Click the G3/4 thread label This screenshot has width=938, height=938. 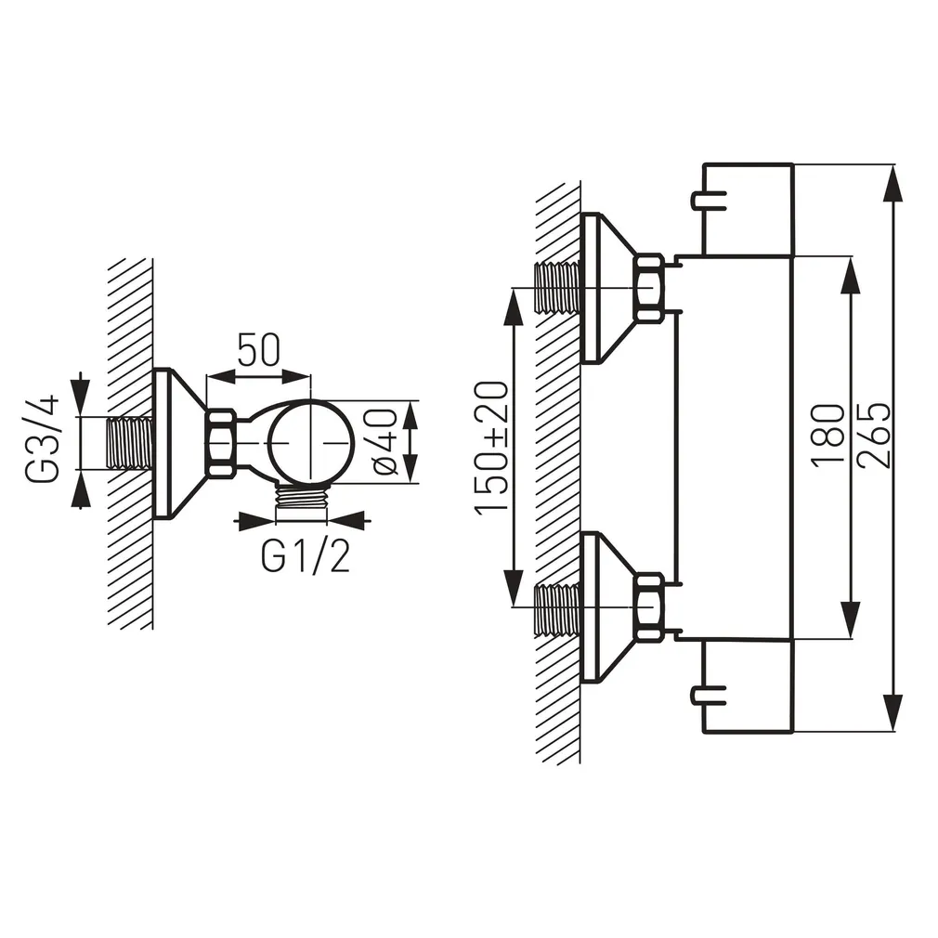point(43,438)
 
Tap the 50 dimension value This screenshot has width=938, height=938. point(258,350)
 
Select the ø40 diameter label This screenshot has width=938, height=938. point(384,441)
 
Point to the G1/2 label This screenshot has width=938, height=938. point(306,557)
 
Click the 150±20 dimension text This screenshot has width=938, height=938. point(491,448)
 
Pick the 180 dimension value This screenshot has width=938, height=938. point(827,435)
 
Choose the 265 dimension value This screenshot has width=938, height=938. point(874,435)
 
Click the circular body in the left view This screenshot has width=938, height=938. point(310,442)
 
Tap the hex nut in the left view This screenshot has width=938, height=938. point(220,443)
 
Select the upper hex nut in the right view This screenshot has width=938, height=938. point(648,288)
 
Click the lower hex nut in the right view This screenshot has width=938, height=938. point(648,606)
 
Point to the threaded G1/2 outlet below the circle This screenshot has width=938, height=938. point(302,495)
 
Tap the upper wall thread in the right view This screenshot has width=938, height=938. point(557,288)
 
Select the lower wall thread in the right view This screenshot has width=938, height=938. point(557,606)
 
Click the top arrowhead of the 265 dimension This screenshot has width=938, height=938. point(893,184)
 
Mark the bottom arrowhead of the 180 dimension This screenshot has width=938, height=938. point(850,619)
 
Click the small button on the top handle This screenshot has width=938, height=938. point(709,201)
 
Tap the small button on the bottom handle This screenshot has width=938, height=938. point(709,695)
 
